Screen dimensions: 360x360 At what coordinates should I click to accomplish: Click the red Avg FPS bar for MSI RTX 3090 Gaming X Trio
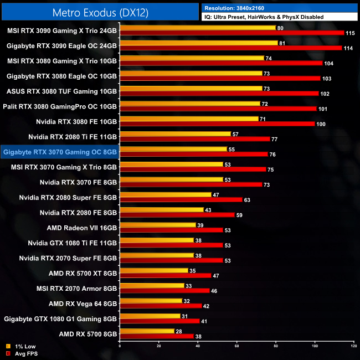pos(232,33)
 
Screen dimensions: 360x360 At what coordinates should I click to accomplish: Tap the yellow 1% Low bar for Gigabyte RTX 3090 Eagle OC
pos(198,43)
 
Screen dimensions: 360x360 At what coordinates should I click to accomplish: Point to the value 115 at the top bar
pos(350,33)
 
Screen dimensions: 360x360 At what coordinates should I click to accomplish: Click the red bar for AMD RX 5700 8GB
pos(157,336)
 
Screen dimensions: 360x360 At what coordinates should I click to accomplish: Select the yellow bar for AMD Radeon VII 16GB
pos(158,224)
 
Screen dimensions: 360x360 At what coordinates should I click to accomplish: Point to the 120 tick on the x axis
pos(353,346)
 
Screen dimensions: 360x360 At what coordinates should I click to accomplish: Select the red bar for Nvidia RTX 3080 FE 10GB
pos(217,124)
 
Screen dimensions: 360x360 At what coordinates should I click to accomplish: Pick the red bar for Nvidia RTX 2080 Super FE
pos(181,199)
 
